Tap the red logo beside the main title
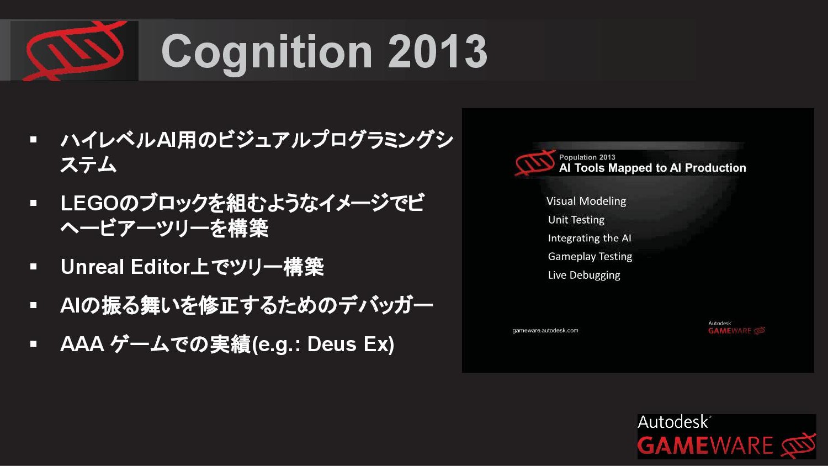[75, 51]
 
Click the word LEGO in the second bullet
[91, 203]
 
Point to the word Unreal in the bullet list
[92, 267]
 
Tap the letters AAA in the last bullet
[82, 344]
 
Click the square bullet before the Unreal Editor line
[34, 266]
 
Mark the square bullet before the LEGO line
[34, 203]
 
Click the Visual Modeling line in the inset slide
[586, 201]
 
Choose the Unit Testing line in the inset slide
[576, 220]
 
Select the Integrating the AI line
[590, 238]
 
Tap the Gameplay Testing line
[590, 256]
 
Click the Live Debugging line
[584, 275]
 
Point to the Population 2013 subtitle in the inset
[587, 157]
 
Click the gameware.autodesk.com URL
[545, 330]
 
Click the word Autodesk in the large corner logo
[672, 422]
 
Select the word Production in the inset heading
[715, 168]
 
